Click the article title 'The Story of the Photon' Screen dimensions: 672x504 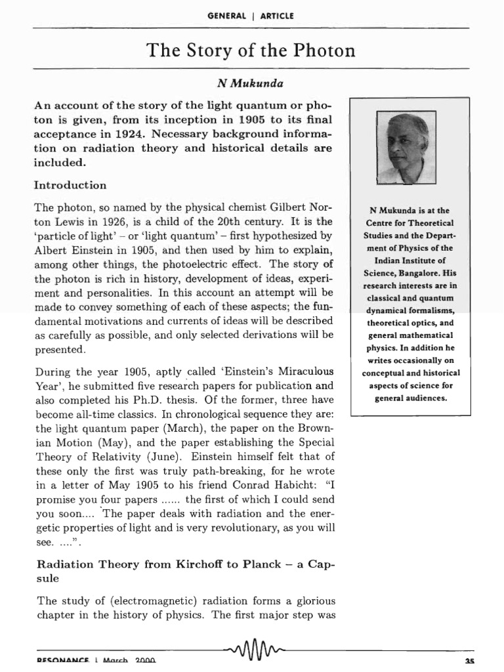252,51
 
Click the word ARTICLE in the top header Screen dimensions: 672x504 278,16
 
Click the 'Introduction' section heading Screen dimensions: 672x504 70,185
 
